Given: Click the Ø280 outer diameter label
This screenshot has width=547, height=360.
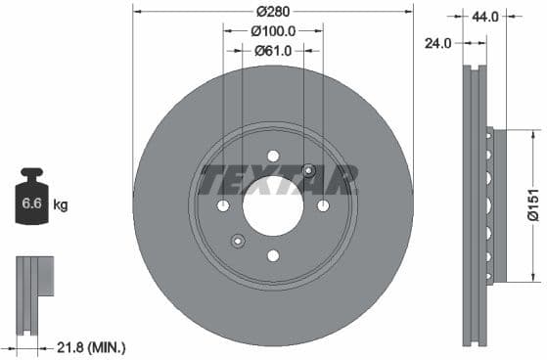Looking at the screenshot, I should coord(273,12).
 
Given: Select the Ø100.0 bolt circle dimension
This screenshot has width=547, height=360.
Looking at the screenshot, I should coord(273,31).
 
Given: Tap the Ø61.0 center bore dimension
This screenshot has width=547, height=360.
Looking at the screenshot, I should coord(273,51).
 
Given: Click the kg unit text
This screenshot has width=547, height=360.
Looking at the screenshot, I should coord(61,204).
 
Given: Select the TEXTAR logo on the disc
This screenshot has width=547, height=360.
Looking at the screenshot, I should coord(279,180).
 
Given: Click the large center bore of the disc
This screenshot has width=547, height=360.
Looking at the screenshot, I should coord(273,205).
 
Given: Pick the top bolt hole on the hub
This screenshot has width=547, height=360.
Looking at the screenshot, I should coord(273,156).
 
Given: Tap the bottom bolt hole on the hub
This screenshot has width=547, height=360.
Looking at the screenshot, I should coord(273,255).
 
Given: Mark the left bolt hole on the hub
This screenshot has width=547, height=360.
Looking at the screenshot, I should coord(223,205).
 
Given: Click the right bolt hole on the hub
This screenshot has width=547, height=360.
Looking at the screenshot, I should coord(323,205).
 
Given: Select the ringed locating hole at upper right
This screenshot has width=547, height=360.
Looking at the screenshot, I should coord(309,170).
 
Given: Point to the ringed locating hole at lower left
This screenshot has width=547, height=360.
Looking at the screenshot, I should coord(237,241).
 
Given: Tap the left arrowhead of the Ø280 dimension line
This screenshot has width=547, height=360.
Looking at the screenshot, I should coord(137,12).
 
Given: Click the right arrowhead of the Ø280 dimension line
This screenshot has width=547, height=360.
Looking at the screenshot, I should coord(409,12).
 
